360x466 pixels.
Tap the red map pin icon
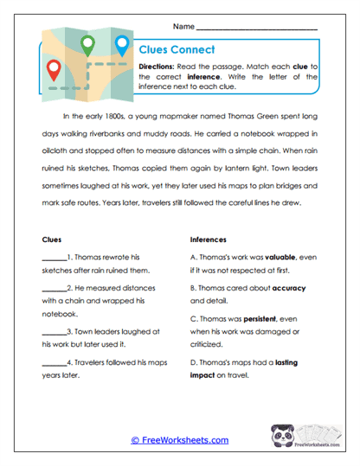point(55,68)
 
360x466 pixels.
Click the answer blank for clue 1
point(53,258)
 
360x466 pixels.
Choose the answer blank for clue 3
point(53,331)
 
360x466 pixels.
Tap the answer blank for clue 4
point(53,362)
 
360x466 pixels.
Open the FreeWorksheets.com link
point(179,440)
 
